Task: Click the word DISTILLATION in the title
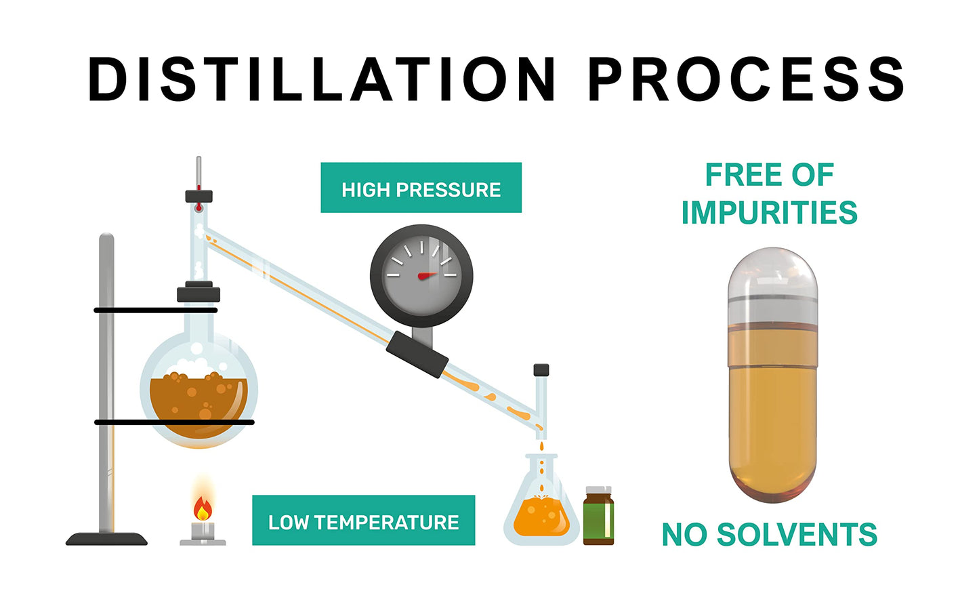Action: click(x=322, y=79)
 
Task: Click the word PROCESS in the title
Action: click(x=746, y=79)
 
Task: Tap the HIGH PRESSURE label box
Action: click(x=421, y=188)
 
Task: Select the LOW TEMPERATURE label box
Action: click(x=364, y=521)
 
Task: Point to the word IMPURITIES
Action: click(x=770, y=212)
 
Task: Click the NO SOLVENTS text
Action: click(x=770, y=534)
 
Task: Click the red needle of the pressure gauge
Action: click(x=428, y=275)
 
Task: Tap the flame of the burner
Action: click(x=203, y=508)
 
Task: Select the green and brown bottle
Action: click(x=598, y=515)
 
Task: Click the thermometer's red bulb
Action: click(x=199, y=207)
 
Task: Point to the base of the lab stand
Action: click(x=106, y=539)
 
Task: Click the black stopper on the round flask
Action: click(x=199, y=291)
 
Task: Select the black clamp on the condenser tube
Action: click(x=417, y=355)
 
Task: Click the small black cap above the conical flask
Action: click(x=541, y=370)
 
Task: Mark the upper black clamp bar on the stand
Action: click(x=156, y=310)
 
